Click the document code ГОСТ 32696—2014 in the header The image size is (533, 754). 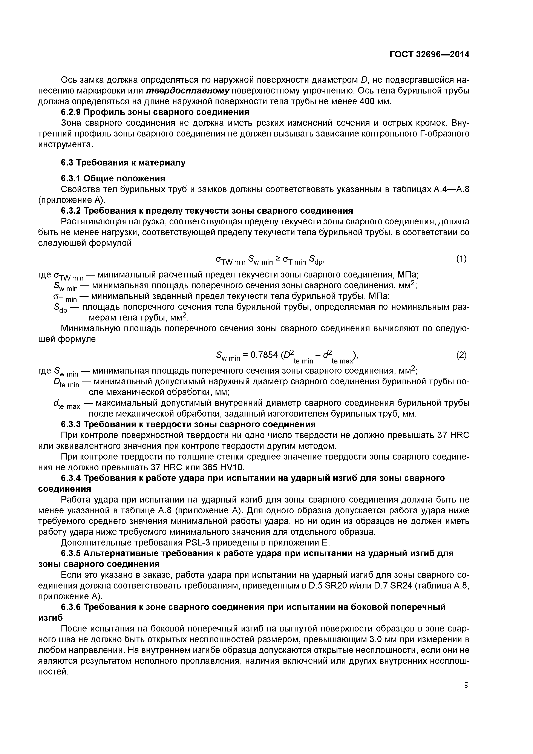(x=429, y=55)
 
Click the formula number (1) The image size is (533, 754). (x=461, y=259)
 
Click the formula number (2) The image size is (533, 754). (x=461, y=355)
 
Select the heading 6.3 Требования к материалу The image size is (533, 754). (x=123, y=162)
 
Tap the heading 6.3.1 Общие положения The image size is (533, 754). (x=113, y=178)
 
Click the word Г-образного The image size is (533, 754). (x=444, y=134)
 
